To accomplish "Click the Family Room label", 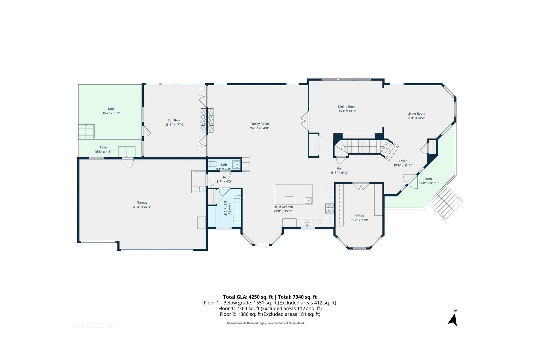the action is tap(259, 124).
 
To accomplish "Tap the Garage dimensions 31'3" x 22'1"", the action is tap(142, 207).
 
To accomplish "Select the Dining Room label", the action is tap(347, 107).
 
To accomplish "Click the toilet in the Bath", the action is tap(213, 164).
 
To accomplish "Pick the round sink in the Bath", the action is tap(237, 164).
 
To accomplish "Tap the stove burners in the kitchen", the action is tap(330, 209).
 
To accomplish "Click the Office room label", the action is tap(359, 216).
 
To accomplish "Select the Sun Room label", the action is tap(175, 120).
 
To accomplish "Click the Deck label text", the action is tap(111, 109).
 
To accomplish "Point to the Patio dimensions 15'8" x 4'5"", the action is tap(103, 152).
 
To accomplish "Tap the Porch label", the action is tap(427, 179).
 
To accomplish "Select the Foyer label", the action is tap(403, 161).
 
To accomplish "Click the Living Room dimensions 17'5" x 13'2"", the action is tap(416, 118).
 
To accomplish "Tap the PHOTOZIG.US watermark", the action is tap(93, 326).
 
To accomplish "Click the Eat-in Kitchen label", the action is tap(283, 207).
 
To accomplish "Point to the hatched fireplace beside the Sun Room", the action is tap(207, 120).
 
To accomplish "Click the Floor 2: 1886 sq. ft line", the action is tap(270, 314).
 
